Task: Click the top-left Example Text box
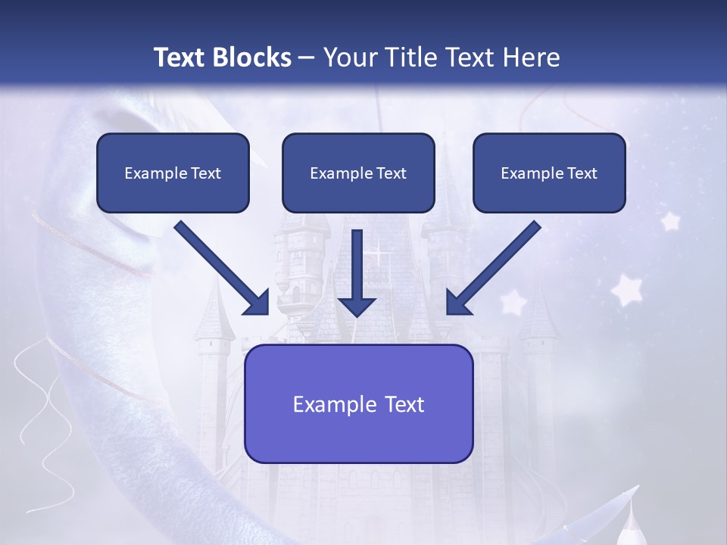tap(173, 173)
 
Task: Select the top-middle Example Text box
tap(358, 173)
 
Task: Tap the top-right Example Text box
tap(549, 173)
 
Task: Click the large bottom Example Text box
tap(359, 404)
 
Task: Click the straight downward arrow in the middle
tap(357, 272)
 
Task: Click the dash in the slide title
tap(307, 58)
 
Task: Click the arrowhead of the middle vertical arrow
tap(357, 307)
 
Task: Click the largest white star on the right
tap(627, 289)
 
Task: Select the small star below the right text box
tap(669, 221)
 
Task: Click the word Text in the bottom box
tap(404, 404)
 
